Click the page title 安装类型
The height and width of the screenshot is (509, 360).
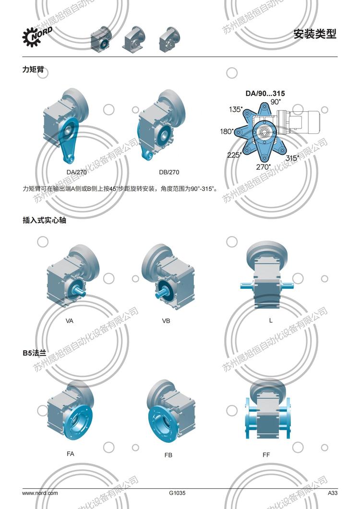point(315,34)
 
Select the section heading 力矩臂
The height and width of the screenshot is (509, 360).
point(33,69)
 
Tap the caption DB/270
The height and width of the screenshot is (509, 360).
point(169,172)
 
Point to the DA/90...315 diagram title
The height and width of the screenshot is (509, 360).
point(262,94)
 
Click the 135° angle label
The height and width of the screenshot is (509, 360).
point(236,109)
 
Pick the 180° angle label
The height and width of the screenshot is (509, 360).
point(227,131)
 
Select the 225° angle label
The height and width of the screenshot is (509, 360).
point(235,155)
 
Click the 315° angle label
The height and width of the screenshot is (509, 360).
point(292,157)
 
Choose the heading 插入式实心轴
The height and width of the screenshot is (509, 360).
point(44,220)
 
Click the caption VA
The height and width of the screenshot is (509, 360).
point(70,320)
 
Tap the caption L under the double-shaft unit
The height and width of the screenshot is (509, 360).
point(271,320)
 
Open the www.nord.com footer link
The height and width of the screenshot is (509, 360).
point(40,493)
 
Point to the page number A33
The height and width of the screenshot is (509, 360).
point(333,493)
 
